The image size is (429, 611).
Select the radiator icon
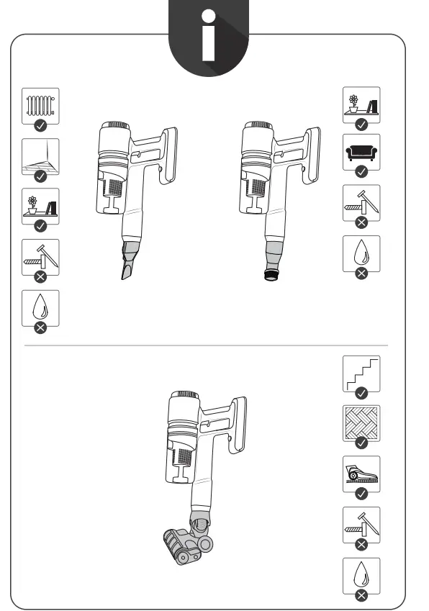(x=40, y=106)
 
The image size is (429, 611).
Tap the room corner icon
(x=40, y=156)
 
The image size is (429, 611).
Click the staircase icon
(x=362, y=373)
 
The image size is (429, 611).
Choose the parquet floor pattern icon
(x=362, y=423)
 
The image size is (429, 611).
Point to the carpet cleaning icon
(x=362, y=474)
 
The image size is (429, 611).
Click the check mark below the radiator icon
(x=41, y=125)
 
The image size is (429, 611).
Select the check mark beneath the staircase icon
(x=362, y=393)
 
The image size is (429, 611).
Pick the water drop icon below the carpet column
(x=362, y=575)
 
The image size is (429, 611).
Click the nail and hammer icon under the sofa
(x=362, y=203)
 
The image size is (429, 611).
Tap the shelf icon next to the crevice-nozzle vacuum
(x=40, y=207)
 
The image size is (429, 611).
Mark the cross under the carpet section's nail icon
(x=362, y=544)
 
